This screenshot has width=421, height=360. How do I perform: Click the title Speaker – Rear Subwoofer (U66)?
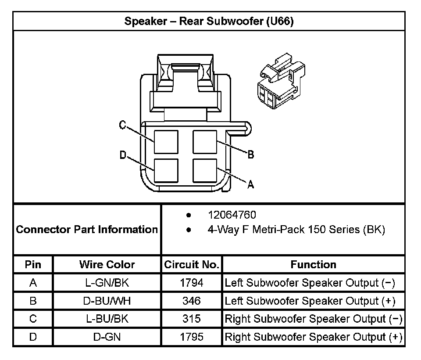point(209,22)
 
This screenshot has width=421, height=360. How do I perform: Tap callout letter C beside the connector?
point(123,126)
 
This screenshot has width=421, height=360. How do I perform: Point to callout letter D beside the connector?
point(123,155)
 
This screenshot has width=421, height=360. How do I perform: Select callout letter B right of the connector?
point(250,155)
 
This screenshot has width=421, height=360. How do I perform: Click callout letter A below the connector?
point(250,185)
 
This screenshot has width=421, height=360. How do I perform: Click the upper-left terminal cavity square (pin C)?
point(166,142)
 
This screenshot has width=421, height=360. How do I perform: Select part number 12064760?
point(232,215)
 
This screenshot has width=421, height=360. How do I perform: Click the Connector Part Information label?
point(87,229)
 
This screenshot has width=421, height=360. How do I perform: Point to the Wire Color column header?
point(107,265)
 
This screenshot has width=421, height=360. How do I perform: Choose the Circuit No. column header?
point(191,265)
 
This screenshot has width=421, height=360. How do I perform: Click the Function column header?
point(313,265)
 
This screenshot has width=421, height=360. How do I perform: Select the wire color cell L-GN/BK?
point(107,283)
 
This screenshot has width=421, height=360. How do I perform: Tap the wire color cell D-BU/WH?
point(107,301)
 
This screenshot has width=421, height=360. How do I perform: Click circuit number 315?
point(192,319)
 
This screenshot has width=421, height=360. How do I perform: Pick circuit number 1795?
point(192,337)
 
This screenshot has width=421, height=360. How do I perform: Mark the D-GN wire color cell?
point(107,337)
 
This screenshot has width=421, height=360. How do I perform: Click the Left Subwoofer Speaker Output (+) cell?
point(310,301)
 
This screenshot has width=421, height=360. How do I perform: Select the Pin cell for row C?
point(33,319)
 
